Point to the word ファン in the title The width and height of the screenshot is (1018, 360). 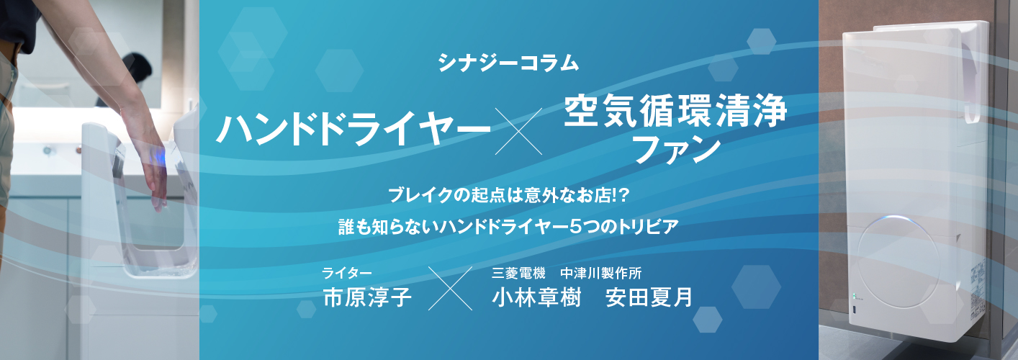tap(675, 150)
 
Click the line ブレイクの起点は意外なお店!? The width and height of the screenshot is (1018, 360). tap(508, 194)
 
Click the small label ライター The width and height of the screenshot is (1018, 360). tap(346, 273)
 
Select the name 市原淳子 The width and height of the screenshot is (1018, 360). tap(367, 297)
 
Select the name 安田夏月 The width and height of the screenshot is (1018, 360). tap(649, 297)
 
